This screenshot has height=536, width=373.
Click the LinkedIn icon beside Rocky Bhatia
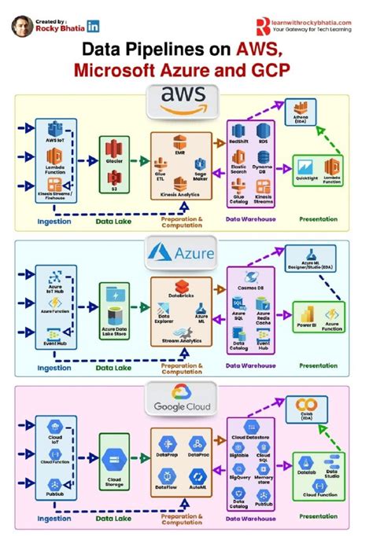pos(94,26)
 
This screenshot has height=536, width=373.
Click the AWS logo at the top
pos(186,101)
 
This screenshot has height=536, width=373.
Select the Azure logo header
pos(186,252)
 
